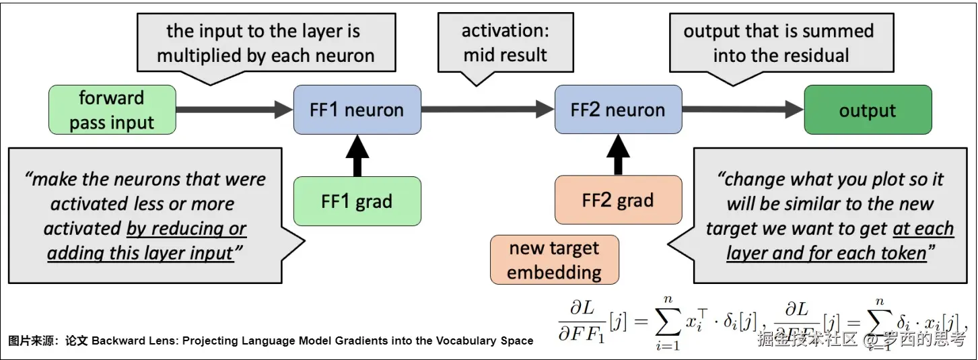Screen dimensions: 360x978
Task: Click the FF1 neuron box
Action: [x=357, y=110]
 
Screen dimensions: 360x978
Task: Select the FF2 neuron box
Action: [x=617, y=110]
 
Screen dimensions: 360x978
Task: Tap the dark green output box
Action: [x=868, y=110]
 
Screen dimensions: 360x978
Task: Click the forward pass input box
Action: [x=112, y=110]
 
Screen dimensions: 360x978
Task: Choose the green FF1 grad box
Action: [x=357, y=201]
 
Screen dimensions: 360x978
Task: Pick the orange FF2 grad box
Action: [x=617, y=201]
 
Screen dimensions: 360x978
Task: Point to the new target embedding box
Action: [x=554, y=260]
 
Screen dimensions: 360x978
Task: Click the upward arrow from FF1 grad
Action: [x=357, y=155]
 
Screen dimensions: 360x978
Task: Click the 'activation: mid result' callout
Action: [x=505, y=43]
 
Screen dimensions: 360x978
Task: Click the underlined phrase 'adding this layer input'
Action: [x=140, y=254]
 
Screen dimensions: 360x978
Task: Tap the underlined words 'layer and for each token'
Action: [x=827, y=254]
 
